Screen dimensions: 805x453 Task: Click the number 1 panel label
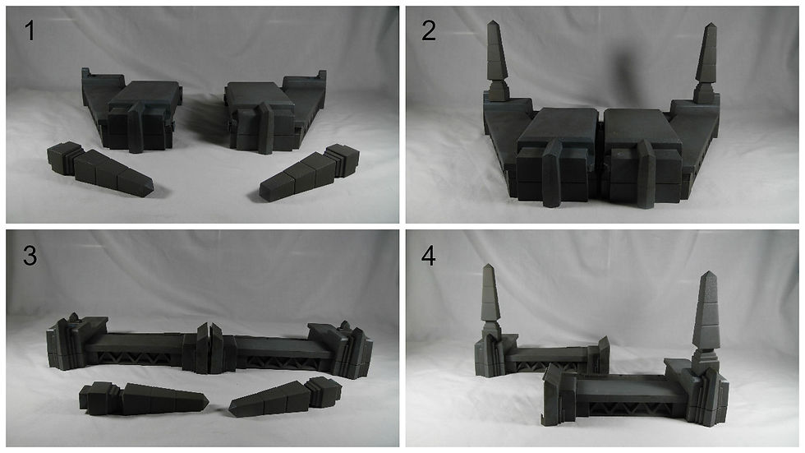coord(30,30)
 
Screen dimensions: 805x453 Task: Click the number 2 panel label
coord(429,30)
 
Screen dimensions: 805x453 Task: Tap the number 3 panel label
coord(30,255)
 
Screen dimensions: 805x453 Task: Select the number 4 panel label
coord(429,255)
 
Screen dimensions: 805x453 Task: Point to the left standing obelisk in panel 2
coord(496,62)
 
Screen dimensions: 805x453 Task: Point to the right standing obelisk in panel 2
coord(706,62)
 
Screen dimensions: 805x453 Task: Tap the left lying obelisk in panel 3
coord(143,399)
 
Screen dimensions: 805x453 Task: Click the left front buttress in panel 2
coord(553,173)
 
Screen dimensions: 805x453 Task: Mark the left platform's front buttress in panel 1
coord(136,127)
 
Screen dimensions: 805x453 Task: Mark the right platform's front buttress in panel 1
coord(266,128)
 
